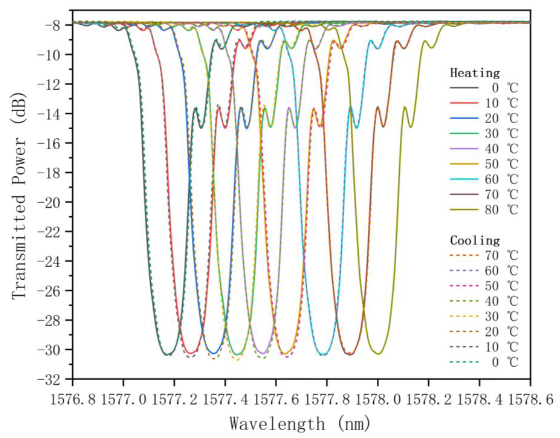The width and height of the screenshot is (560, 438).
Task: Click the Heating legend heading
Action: tap(475, 73)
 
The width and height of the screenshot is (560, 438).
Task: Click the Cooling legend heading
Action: tap(475, 241)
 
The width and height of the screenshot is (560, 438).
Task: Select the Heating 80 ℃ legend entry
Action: tap(484, 210)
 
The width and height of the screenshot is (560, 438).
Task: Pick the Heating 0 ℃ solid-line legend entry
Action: tap(484, 88)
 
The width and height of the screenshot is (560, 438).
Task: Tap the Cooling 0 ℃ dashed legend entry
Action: tap(484, 362)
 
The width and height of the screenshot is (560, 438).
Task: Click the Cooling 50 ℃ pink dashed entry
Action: tap(484, 286)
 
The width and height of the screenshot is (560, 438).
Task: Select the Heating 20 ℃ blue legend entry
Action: tap(484, 119)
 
